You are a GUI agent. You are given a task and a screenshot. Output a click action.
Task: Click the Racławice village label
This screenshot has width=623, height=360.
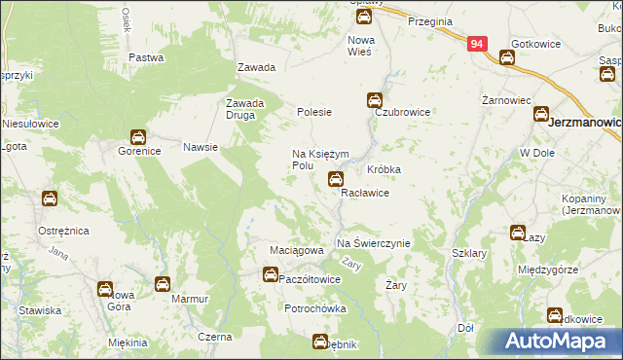(x=365, y=194)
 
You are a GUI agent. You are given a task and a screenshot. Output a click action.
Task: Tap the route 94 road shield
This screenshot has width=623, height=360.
(x=477, y=44)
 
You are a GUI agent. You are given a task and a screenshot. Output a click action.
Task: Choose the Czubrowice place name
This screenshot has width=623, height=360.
(x=403, y=113)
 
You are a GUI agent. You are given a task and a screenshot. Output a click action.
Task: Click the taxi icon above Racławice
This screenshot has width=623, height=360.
(x=336, y=178)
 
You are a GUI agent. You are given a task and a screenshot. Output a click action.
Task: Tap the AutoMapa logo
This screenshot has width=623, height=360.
(x=555, y=341)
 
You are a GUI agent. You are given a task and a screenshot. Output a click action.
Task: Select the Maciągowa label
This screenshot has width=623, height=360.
(x=296, y=251)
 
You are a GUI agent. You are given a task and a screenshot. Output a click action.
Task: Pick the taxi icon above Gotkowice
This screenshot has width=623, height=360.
(x=507, y=58)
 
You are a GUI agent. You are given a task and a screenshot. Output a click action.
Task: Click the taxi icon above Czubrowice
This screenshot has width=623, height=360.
(x=375, y=99)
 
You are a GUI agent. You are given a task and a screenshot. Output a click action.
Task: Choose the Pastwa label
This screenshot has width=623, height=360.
(x=145, y=57)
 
